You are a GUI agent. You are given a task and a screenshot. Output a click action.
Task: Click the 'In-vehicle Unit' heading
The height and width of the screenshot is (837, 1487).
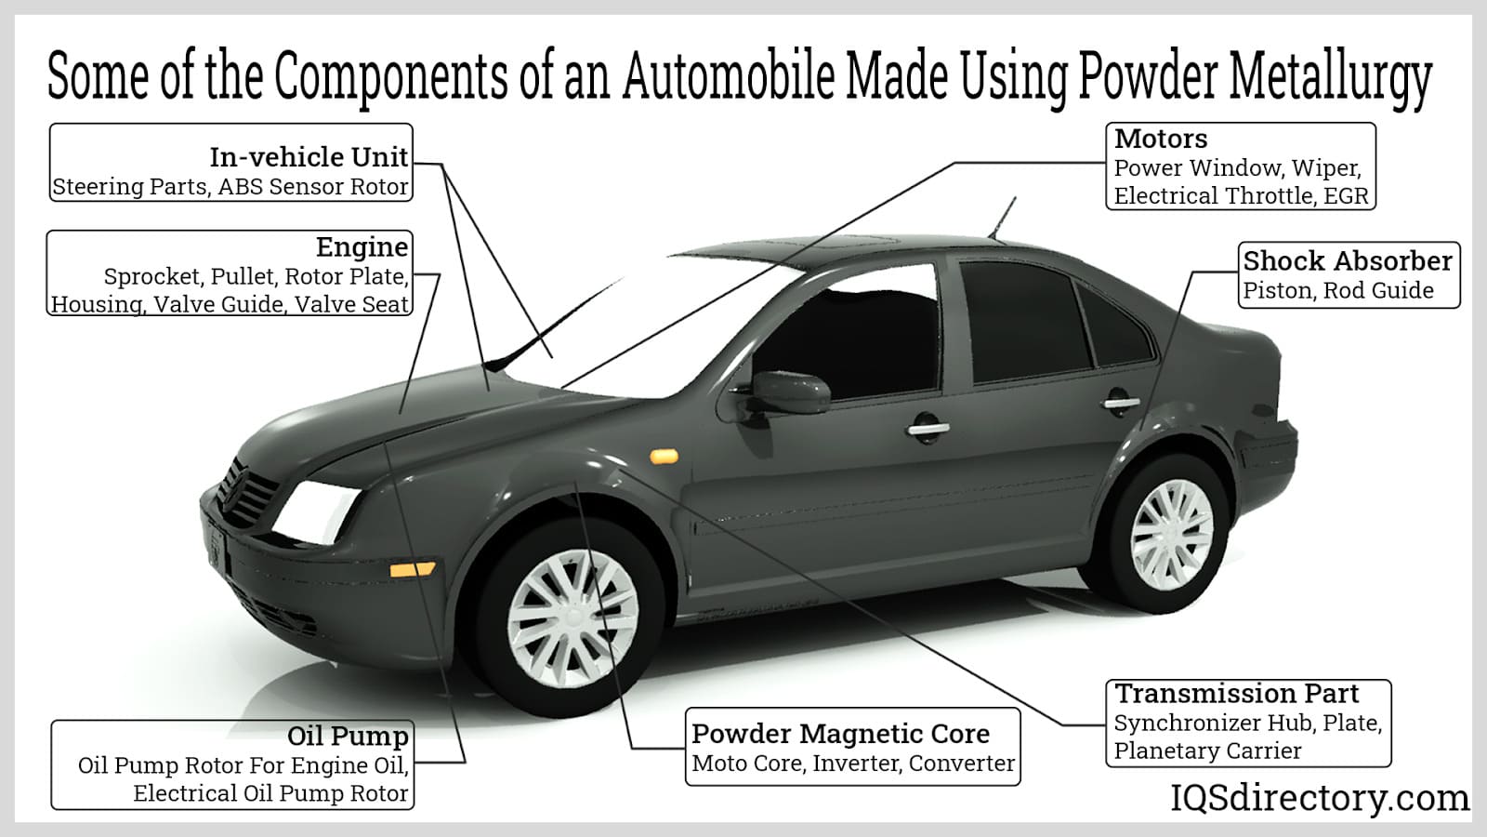coord(309,157)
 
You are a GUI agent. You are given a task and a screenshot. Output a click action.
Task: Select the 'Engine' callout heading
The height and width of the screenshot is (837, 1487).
coord(362,247)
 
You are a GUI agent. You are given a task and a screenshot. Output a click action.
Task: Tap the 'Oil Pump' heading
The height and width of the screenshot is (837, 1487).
coord(348,737)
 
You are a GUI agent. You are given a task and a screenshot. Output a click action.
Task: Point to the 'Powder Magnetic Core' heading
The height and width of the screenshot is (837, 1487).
coord(840,734)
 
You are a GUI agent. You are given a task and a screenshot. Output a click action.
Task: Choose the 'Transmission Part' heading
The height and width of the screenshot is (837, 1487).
coord(1236,694)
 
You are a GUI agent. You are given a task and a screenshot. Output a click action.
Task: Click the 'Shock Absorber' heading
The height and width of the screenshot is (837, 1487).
coord(1348,261)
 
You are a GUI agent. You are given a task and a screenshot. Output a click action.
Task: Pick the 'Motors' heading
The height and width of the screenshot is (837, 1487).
coord(1161,139)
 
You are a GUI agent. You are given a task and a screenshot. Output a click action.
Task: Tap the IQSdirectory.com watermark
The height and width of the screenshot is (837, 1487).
coord(1319,798)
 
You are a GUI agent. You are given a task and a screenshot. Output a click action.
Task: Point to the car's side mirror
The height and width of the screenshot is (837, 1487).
coord(790,391)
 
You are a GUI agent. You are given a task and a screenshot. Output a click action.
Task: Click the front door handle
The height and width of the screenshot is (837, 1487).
coord(928,430)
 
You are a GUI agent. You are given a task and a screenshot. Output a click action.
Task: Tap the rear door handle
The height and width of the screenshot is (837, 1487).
coord(1120,404)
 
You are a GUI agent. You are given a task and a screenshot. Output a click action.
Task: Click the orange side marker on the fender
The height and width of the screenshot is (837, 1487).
coord(665,456)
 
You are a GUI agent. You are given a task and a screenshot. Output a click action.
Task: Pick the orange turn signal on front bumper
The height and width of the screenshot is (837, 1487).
coord(412,568)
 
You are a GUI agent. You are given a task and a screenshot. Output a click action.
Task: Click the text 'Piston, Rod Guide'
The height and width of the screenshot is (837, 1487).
coord(1338,291)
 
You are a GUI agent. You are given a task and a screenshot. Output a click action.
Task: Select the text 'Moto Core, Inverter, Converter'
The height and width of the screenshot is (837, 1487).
coord(853,764)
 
